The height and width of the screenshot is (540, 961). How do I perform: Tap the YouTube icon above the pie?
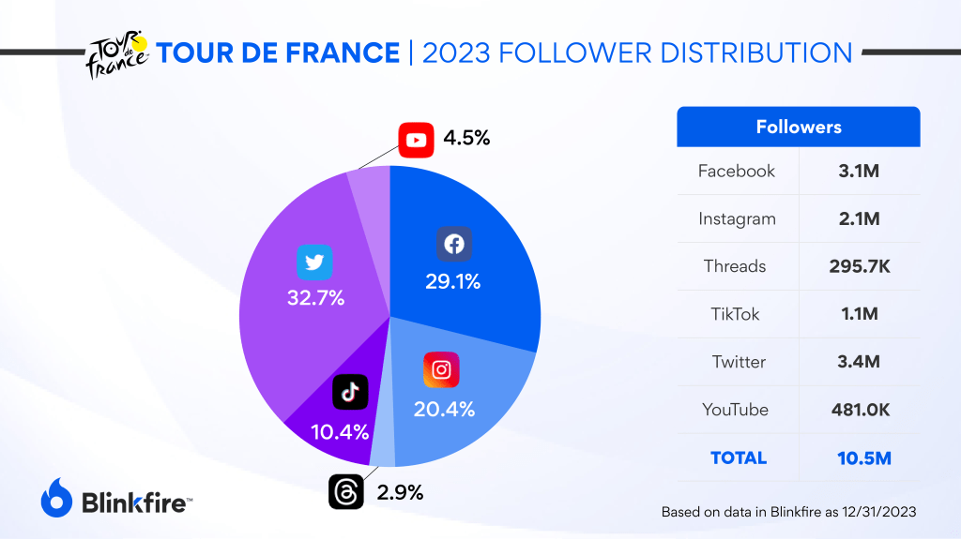click(x=415, y=140)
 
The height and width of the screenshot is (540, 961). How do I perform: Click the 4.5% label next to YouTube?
click(x=466, y=139)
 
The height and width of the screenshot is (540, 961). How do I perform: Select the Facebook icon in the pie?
click(x=453, y=245)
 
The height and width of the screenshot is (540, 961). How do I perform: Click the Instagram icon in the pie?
click(x=441, y=369)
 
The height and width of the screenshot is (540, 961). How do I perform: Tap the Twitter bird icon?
click(x=314, y=262)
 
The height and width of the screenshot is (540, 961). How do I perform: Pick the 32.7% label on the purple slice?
click(x=316, y=299)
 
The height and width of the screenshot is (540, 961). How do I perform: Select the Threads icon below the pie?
click(x=345, y=492)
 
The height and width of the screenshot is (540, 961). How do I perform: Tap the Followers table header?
click(x=799, y=127)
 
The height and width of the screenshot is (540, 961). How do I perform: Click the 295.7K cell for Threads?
click(x=859, y=266)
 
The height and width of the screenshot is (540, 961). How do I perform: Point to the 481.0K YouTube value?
click(x=859, y=410)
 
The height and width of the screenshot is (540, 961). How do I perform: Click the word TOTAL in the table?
click(x=739, y=458)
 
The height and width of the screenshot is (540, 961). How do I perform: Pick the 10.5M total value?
click(x=859, y=458)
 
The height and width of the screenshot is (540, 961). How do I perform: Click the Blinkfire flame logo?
click(x=57, y=496)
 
